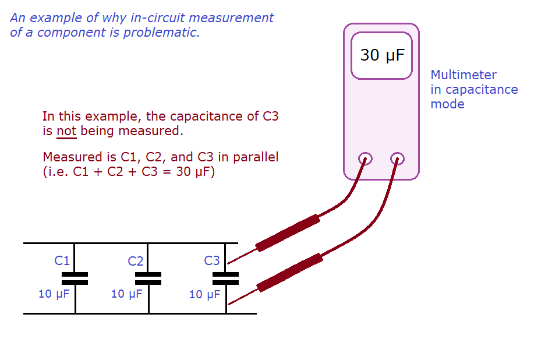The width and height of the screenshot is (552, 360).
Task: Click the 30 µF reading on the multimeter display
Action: click(381, 55)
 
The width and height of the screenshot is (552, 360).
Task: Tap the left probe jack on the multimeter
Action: click(365, 158)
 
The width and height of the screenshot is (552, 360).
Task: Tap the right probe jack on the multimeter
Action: click(398, 158)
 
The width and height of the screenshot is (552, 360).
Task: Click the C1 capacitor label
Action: click(62, 260)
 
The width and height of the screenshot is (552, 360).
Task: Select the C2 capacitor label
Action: click(136, 261)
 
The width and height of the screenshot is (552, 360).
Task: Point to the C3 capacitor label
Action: click(212, 261)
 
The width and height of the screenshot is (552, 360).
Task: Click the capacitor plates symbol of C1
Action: click(75, 278)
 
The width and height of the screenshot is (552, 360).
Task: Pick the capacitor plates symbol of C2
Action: click(148, 278)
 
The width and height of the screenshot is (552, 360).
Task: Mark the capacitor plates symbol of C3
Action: click(225, 278)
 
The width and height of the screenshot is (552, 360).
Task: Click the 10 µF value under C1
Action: click(54, 294)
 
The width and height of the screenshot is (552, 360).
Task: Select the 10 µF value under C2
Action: click(126, 294)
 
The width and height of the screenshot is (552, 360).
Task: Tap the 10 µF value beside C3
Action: click(204, 295)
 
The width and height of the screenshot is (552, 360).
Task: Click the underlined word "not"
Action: click(66, 130)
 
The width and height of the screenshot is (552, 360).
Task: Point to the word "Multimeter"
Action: click(463, 75)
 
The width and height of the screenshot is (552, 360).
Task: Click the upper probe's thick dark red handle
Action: click(288, 232)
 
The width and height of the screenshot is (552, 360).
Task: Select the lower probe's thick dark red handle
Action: click(290, 272)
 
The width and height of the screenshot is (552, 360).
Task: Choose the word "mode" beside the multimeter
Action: click(447, 104)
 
